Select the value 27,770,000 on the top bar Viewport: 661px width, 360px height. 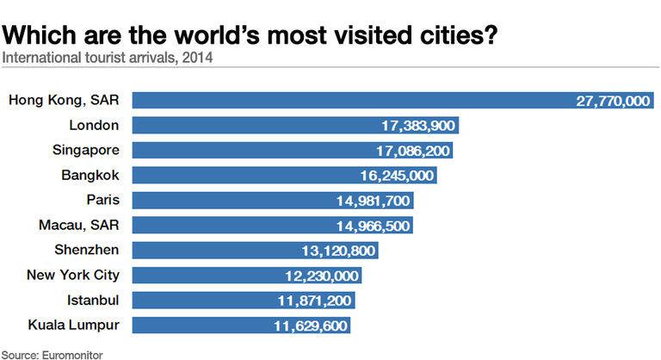coord(613,101)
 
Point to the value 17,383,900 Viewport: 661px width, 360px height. coord(418,126)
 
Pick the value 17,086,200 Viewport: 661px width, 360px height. coord(413,151)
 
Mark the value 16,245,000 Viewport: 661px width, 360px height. coord(398,176)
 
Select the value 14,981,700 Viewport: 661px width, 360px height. coord(374,201)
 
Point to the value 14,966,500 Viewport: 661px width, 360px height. coord(373,226)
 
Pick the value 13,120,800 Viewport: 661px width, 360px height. coord(338,251)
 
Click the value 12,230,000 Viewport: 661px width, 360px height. coord(322,276)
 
